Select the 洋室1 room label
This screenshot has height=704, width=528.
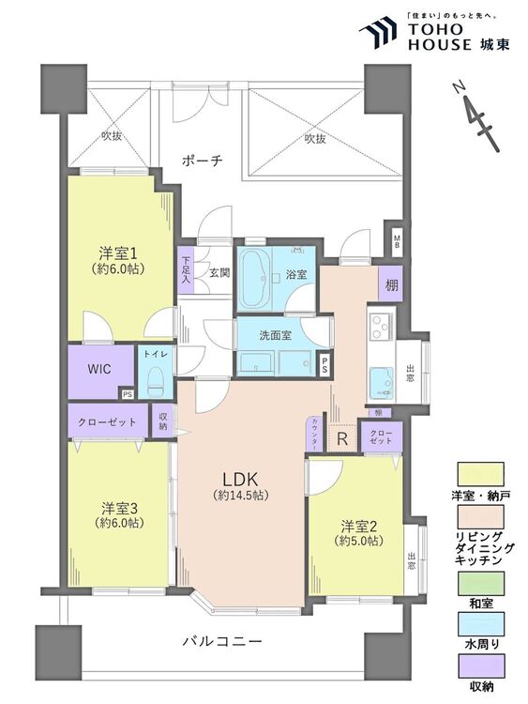pos(119,253)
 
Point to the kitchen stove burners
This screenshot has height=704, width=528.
pos(382,327)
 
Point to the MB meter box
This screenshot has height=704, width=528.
pos(398,239)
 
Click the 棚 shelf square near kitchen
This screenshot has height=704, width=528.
pos(389,283)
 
